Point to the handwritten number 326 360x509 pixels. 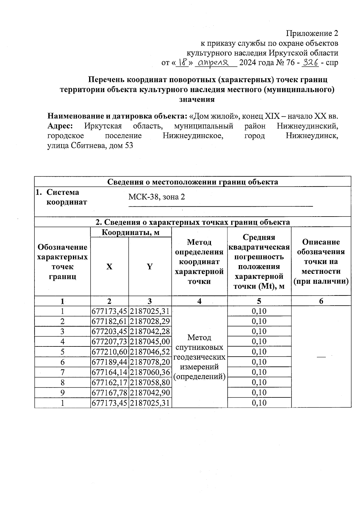pyautogui.click(x=310, y=63)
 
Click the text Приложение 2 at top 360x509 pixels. pyautogui.click(x=312, y=33)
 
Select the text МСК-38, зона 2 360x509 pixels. pyautogui.click(x=157, y=197)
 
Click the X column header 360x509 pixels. pyautogui.click(x=109, y=267)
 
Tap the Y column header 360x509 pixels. pyautogui.click(x=150, y=267)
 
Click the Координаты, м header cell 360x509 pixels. pyautogui.click(x=130, y=232)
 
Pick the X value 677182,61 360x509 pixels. pyautogui.click(x=109, y=322)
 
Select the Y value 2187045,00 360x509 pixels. pyautogui.click(x=150, y=342)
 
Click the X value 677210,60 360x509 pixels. pyautogui.click(x=109, y=352)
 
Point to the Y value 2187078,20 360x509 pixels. pyautogui.click(x=150, y=362)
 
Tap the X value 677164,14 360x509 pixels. pyautogui.click(x=109, y=372)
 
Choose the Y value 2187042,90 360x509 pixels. pyautogui.click(x=150, y=393)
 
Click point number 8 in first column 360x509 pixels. pyautogui.click(x=62, y=382)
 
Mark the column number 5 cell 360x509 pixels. pyautogui.click(x=259, y=301)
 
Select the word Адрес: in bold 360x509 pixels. pyautogui.click(x=60, y=126)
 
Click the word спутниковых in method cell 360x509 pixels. pyautogui.click(x=199, y=347)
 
